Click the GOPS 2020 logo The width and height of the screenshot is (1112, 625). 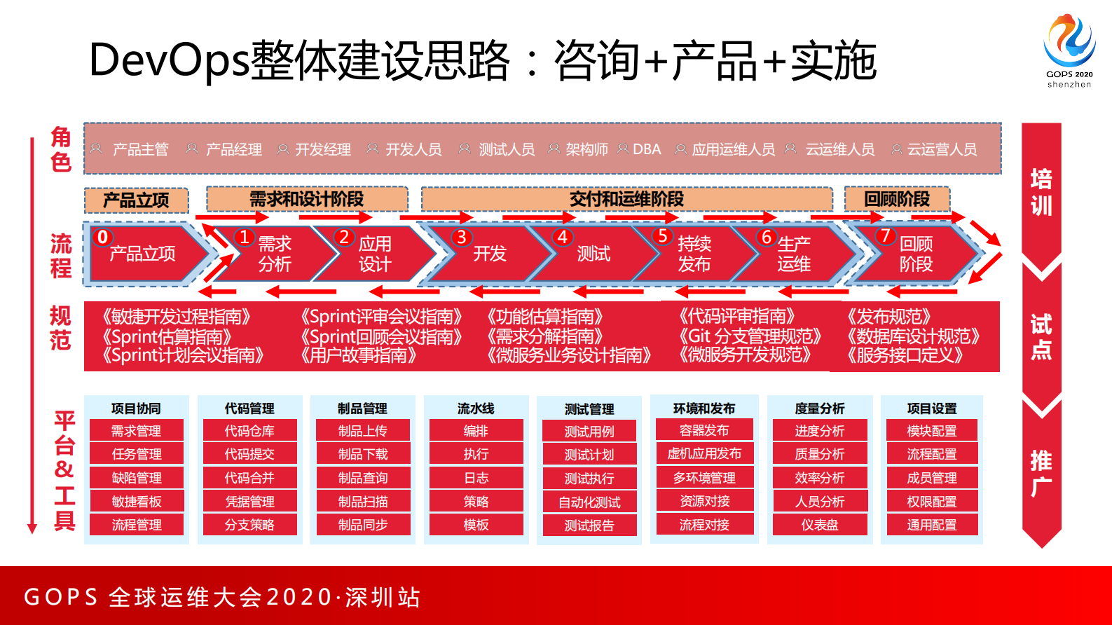pyautogui.click(x=1069, y=49)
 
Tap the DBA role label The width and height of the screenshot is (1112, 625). pyautogui.click(x=646, y=149)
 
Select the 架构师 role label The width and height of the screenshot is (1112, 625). pyautogui.click(x=586, y=149)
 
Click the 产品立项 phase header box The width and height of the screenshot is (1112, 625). pyautogui.click(x=136, y=200)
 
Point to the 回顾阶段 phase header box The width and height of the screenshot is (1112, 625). pyautogui.click(x=896, y=199)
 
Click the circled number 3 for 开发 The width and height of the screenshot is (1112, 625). pyautogui.click(x=461, y=238)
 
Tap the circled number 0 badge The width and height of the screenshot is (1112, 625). pyautogui.click(x=103, y=237)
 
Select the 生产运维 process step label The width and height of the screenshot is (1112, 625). pyautogui.click(x=794, y=254)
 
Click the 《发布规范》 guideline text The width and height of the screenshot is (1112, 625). pyautogui.click(x=888, y=317)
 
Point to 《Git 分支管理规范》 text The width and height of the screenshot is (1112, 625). pyautogui.click(x=749, y=336)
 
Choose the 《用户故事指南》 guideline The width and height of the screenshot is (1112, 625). pyautogui.click(x=358, y=355)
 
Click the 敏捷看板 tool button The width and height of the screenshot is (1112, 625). pyautogui.click(x=137, y=502)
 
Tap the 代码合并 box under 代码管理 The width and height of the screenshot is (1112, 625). pyautogui.click(x=249, y=478)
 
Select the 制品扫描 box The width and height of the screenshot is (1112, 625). pyautogui.click(x=363, y=502)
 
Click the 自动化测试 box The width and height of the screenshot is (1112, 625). pyautogui.click(x=589, y=502)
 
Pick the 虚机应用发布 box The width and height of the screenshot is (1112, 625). pyautogui.click(x=704, y=453)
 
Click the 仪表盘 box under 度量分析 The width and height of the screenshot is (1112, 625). pyautogui.click(x=820, y=525)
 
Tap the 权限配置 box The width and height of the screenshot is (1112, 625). pyautogui.click(x=932, y=502)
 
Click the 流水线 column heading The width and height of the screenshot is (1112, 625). pyautogui.click(x=476, y=408)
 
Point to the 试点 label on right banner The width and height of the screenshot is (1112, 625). pyautogui.click(x=1041, y=336)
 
